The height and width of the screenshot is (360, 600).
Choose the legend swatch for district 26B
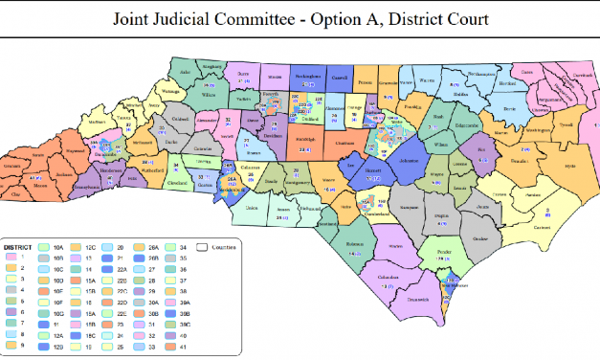(139, 259)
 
